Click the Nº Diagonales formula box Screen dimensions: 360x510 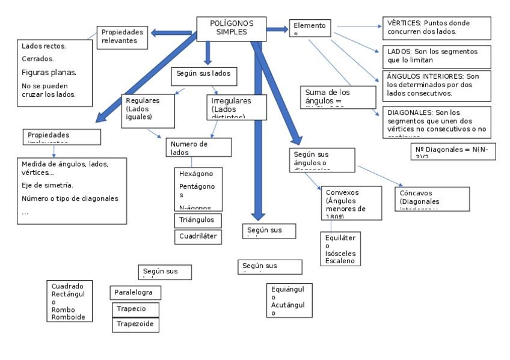click(453, 152)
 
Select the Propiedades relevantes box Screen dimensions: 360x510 click(123, 37)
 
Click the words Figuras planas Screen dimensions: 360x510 click(49, 73)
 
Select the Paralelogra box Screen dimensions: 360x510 click(137, 293)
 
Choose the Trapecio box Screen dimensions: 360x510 click(137, 309)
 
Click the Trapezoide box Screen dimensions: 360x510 click(137, 325)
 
